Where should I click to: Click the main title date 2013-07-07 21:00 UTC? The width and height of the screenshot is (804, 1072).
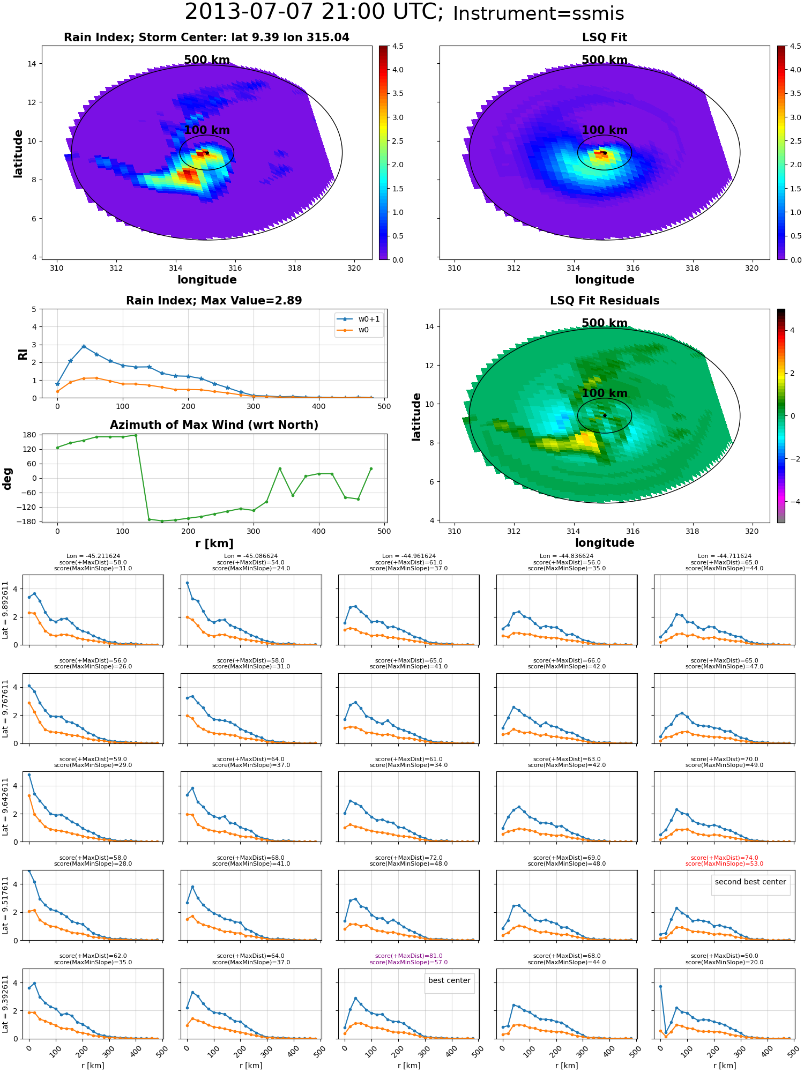point(314,12)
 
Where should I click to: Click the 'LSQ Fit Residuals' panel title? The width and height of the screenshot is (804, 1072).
point(605,301)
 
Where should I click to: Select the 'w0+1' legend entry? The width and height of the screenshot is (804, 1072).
point(359,319)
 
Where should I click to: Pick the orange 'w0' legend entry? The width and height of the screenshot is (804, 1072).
point(354,330)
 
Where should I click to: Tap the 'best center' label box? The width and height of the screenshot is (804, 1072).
point(449,980)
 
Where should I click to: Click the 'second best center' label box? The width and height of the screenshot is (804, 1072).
point(750,882)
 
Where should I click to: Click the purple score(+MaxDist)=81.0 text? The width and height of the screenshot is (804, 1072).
point(408,956)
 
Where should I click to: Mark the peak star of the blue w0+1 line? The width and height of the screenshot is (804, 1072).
point(84,346)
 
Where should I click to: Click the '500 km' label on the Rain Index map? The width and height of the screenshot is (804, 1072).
point(207,60)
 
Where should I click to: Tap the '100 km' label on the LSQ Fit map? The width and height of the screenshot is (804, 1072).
point(605,130)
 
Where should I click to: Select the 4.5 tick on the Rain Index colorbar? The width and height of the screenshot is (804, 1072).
point(398,46)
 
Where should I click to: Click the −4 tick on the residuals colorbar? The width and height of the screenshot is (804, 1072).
point(792,502)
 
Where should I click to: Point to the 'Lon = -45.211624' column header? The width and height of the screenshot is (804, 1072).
point(93,556)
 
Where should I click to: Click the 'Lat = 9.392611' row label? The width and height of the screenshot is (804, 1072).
point(5,1004)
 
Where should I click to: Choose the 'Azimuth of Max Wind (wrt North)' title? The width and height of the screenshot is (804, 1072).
point(214,425)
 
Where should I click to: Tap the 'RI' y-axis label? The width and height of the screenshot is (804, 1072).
point(23,354)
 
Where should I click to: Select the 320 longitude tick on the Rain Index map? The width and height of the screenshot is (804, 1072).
point(354,268)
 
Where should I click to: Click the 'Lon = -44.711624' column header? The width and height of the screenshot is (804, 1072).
point(725,556)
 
